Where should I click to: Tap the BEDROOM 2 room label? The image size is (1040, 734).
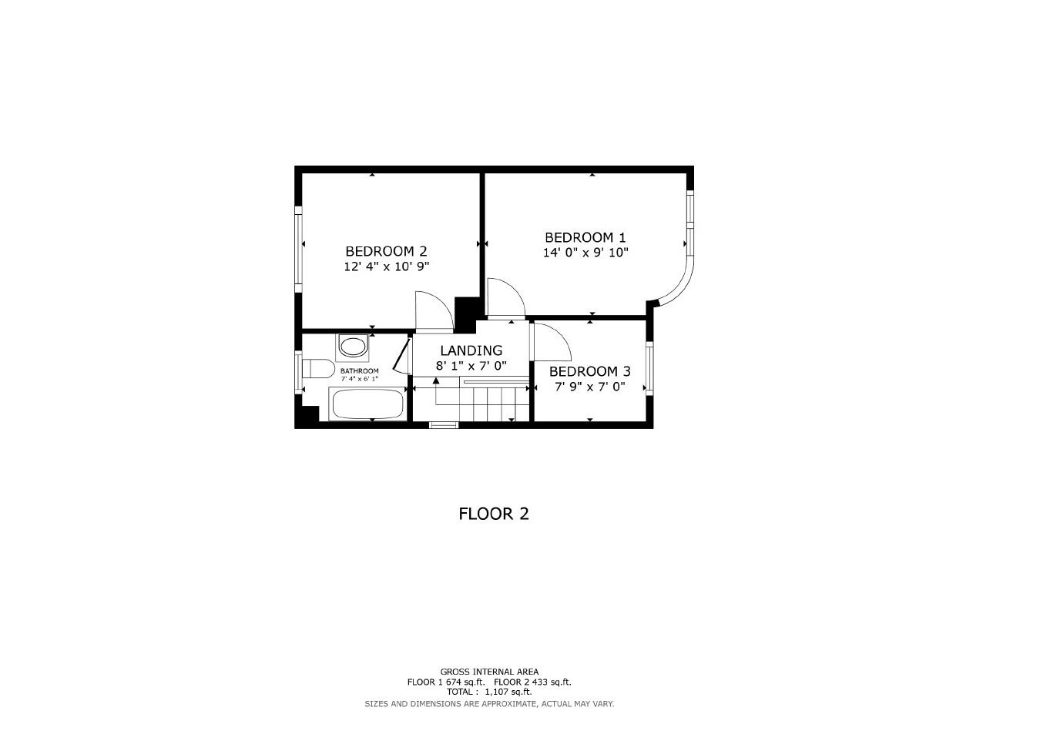(386, 251)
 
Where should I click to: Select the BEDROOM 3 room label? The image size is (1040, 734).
(589, 371)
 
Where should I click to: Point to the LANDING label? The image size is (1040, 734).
(471, 350)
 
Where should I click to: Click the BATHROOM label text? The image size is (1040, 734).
(360, 370)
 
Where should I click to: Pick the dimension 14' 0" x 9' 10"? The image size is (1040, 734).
(585, 253)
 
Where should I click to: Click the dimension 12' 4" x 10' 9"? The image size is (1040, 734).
(386, 266)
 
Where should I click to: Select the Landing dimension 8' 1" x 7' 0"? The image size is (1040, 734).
(471, 366)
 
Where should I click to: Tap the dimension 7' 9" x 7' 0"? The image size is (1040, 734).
(589, 387)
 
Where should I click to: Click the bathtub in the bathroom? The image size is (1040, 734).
(367, 404)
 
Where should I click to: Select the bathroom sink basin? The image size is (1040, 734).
(353, 347)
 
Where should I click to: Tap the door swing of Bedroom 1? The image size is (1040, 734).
(505, 298)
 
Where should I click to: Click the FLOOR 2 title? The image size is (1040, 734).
(494, 514)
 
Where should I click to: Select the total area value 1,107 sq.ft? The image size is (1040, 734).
(508, 692)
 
